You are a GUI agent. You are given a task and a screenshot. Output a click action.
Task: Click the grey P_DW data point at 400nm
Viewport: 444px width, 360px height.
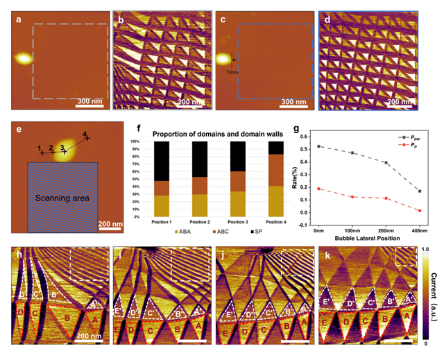(420, 191)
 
